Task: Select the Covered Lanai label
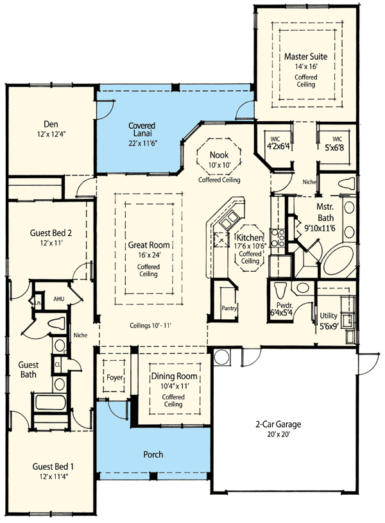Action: tap(144, 126)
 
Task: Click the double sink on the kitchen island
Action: tap(228, 222)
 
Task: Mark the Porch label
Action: tap(153, 454)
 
